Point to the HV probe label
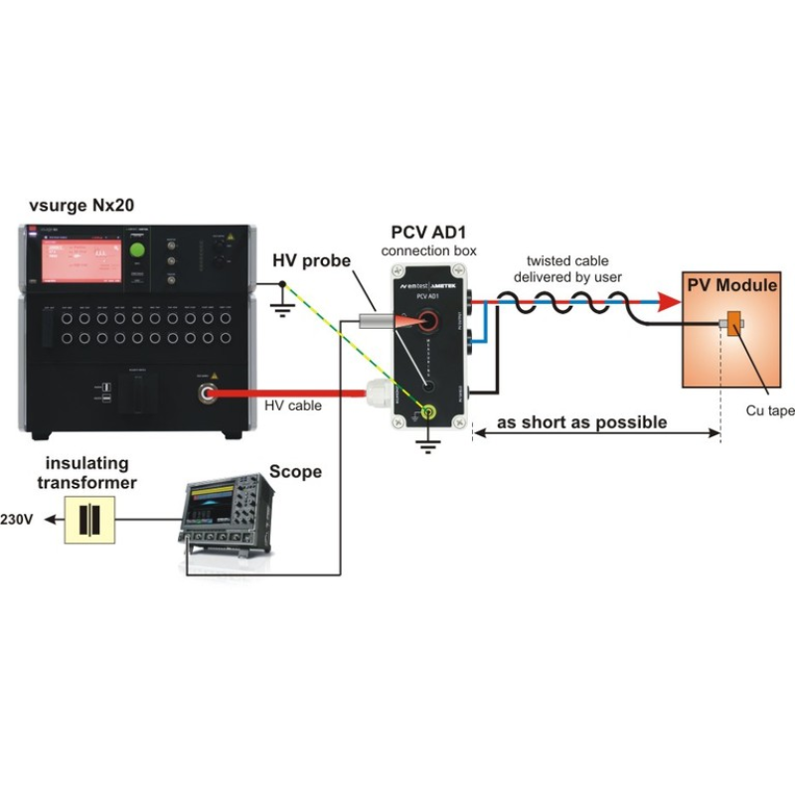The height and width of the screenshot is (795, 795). [x=311, y=262]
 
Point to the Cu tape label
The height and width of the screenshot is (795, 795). [x=770, y=411]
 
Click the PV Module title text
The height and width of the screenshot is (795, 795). [x=732, y=286]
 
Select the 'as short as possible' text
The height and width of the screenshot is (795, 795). [x=581, y=422]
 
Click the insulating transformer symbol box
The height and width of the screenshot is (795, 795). [x=89, y=519]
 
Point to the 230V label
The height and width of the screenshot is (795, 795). [x=19, y=520]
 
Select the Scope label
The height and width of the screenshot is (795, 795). [x=296, y=471]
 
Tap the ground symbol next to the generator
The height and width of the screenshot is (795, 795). [x=282, y=307]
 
